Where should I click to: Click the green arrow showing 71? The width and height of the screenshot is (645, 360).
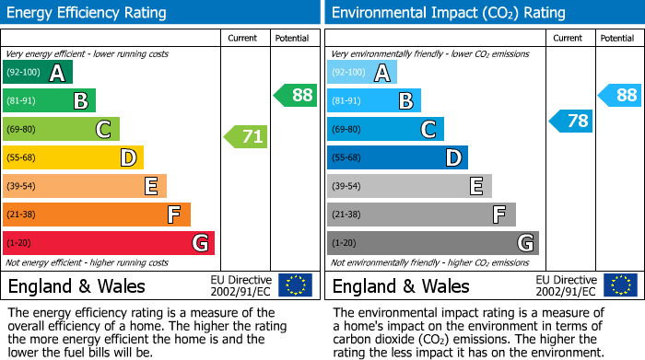(x=246, y=137)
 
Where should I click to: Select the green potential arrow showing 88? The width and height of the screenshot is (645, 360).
(x=295, y=95)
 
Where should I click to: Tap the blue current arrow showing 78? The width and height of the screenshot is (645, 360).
(x=571, y=121)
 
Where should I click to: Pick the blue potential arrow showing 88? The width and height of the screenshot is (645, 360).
(x=620, y=95)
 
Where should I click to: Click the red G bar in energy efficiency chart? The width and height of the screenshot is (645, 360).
(x=109, y=243)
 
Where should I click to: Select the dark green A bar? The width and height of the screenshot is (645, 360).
(x=38, y=73)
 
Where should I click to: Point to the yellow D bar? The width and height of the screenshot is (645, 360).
(x=73, y=158)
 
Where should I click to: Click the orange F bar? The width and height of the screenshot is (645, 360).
(x=97, y=215)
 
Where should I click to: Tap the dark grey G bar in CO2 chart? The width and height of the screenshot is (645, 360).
(x=432, y=243)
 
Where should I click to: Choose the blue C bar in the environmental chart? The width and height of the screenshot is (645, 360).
(x=385, y=130)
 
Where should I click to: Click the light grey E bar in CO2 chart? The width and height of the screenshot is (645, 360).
(x=409, y=186)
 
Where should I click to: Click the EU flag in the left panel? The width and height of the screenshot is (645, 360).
(x=295, y=285)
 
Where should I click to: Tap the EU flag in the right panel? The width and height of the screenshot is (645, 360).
(x=622, y=285)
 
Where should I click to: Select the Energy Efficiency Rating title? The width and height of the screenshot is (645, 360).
(x=88, y=13)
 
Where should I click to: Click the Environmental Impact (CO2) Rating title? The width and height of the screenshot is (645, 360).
(x=448, y=13)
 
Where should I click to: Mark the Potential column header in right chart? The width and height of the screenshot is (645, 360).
(x=616, y=38)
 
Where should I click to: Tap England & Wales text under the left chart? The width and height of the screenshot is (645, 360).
(x=71, y=285)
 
